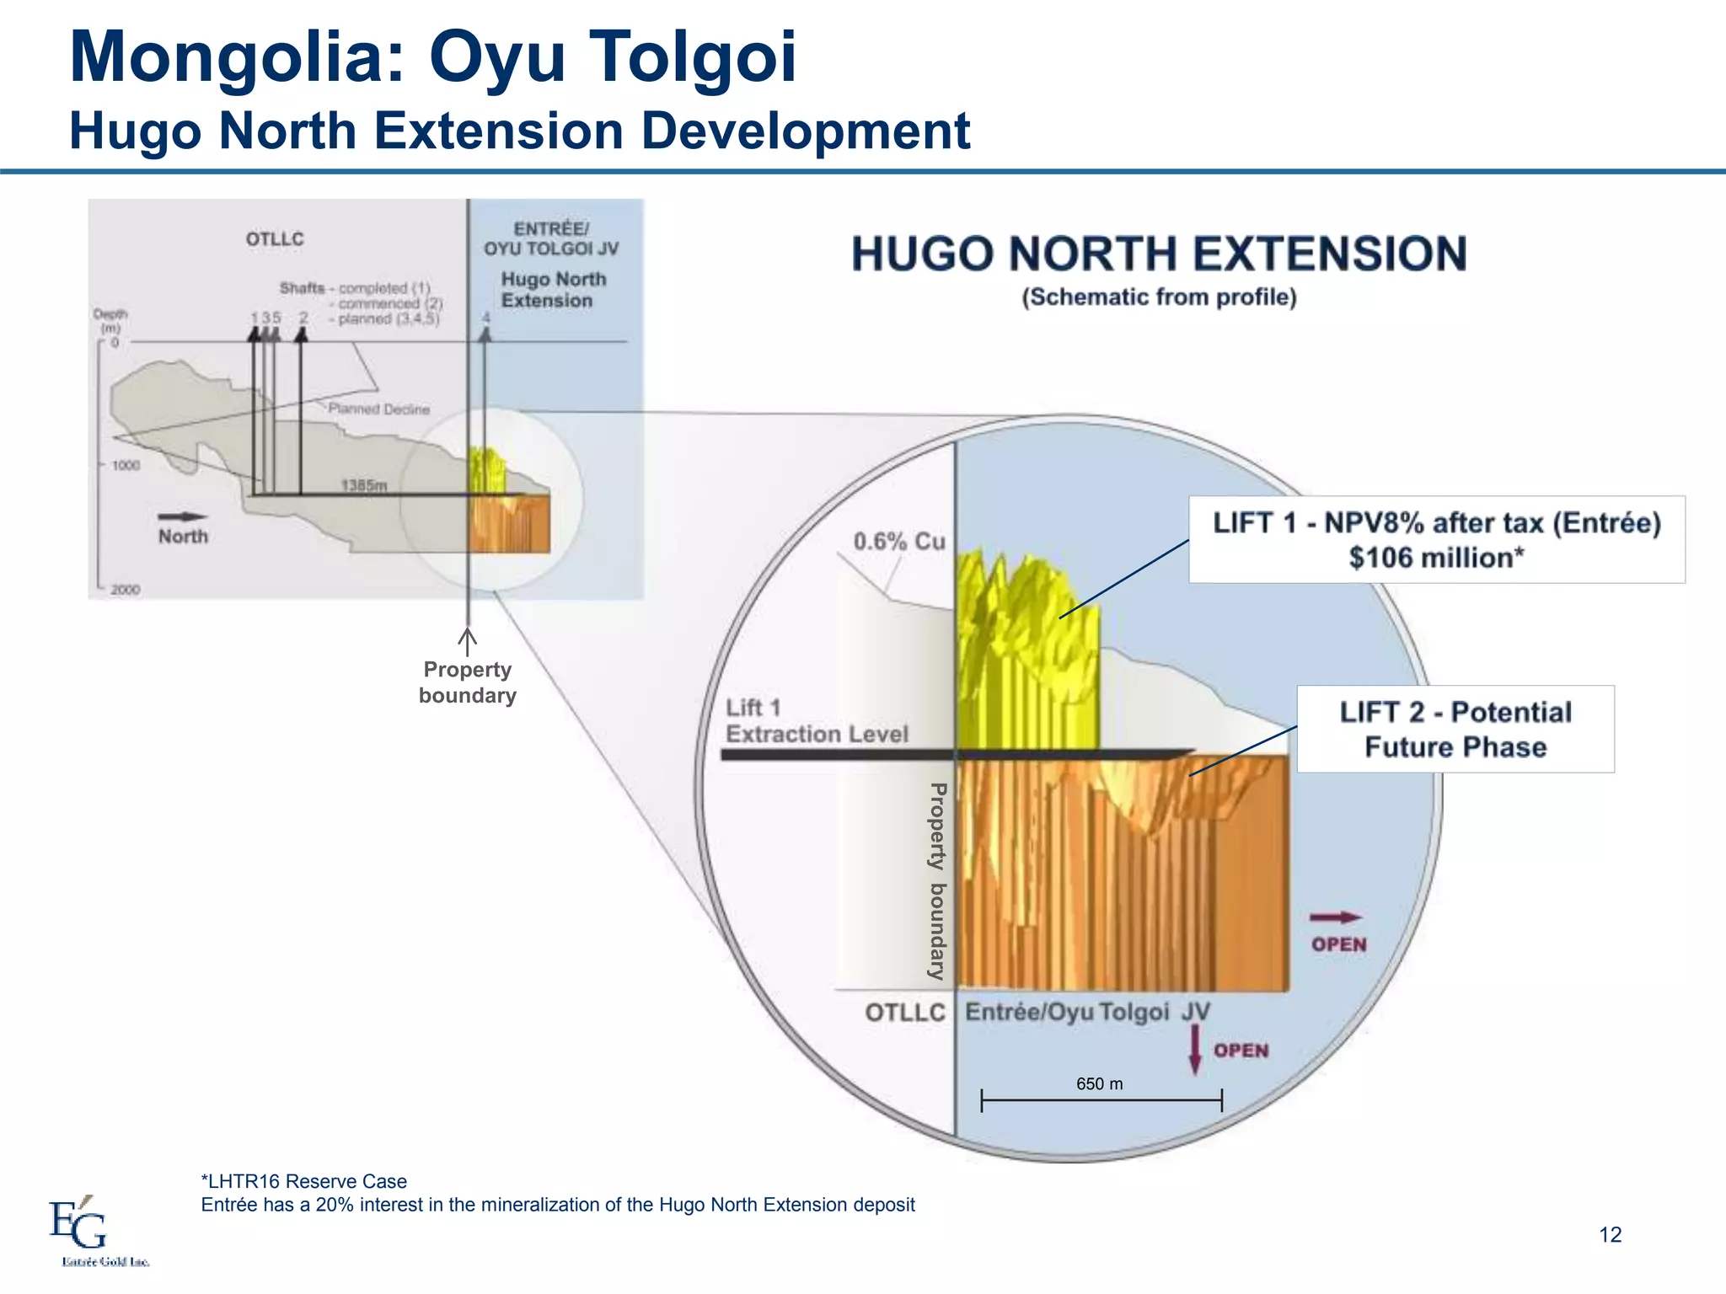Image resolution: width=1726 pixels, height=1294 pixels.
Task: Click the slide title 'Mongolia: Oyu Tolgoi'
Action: (x=432, y=57)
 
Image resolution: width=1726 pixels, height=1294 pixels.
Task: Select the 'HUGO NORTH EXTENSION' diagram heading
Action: (x=1159, y=254)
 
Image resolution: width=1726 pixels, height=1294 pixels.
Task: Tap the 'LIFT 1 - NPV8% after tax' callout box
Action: (x=1436, y=539)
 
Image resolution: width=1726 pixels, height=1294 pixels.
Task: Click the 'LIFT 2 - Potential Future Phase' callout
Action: (x=1455, y=729)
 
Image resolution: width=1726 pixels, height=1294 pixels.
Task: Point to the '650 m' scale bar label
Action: (x=1099, y=1083)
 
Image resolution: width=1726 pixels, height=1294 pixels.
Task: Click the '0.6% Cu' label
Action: (x=898, y=541)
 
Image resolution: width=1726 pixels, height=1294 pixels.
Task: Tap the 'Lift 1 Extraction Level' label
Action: (x=816, y=721)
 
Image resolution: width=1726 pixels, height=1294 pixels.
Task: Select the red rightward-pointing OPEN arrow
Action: (x=1337, y=917)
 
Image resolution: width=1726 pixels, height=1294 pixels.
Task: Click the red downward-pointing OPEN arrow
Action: (x=1194, y=1051)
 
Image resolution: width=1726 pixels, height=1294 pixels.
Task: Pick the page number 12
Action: (x=1610, y=1234)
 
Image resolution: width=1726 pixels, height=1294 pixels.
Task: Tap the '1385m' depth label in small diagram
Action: (x=364, y=485)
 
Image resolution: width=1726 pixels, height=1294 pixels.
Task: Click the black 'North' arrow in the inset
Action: (x=183, y=516)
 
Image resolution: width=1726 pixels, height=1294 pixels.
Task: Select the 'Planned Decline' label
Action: (x=378, y=409)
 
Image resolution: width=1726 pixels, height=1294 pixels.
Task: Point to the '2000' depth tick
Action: (x=125, y=590)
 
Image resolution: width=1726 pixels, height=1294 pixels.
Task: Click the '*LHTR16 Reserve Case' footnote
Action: (x=303, y=1181)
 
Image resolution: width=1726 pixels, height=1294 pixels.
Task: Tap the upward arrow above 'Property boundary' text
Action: (x=467, y=640)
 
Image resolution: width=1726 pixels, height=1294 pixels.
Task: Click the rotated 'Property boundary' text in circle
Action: (x=937, y=880)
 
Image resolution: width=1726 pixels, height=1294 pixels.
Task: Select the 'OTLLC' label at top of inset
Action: (x=275, y=239)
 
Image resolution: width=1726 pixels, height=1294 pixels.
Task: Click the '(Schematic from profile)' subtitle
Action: (x=1159, y=297)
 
